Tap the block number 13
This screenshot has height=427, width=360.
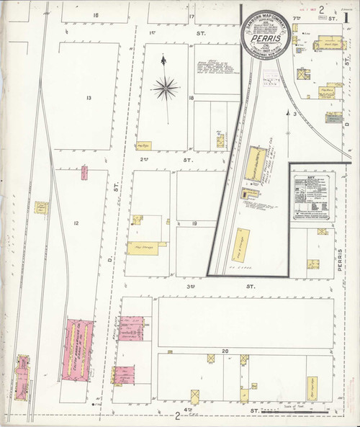[x=89, y=98]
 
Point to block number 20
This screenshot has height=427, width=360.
[x=225, y=351]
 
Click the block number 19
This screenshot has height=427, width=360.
[x=194, y=225]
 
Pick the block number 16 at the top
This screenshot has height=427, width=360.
[x=95, y=15]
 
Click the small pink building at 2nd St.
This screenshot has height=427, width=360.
[x=84, y=173]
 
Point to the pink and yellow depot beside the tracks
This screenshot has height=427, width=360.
[x=22, y=376]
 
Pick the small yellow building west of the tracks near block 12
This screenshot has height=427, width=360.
[x=42, y=208]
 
